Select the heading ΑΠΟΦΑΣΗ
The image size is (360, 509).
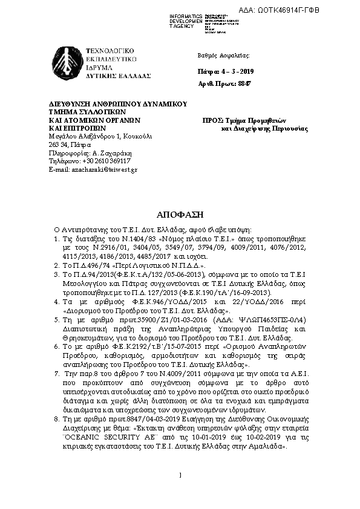(180, 215)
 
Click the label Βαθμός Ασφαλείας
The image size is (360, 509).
(223, 55)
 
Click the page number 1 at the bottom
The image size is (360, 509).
(180, 491)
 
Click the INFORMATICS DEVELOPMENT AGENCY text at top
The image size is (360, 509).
(186, 21)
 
